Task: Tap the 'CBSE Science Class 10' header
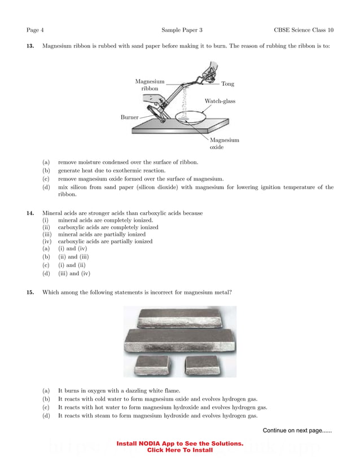click(x=304, y=29)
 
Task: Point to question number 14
click(x=31, y=213)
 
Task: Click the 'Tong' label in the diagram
click(x=227, y=84)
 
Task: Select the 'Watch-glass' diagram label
click(x=219, y=102)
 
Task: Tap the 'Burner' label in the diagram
click(x=129, y=117)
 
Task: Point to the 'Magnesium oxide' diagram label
click(x=224, y=143)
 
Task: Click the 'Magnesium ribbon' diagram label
click(x=150, y=85)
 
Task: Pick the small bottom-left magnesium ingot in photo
click(x=151, y=364)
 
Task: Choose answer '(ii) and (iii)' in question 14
click(x=73, y=256)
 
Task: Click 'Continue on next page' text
click(x=297, y=430)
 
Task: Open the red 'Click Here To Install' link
click(x=179, y=450)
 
